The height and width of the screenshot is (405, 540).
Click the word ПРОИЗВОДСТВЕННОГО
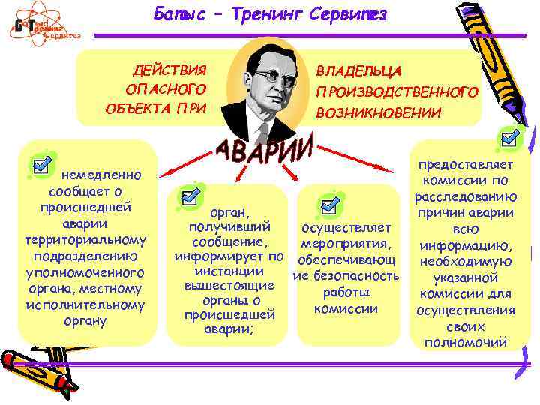397,91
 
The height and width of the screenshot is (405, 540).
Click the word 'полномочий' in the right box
466,342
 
